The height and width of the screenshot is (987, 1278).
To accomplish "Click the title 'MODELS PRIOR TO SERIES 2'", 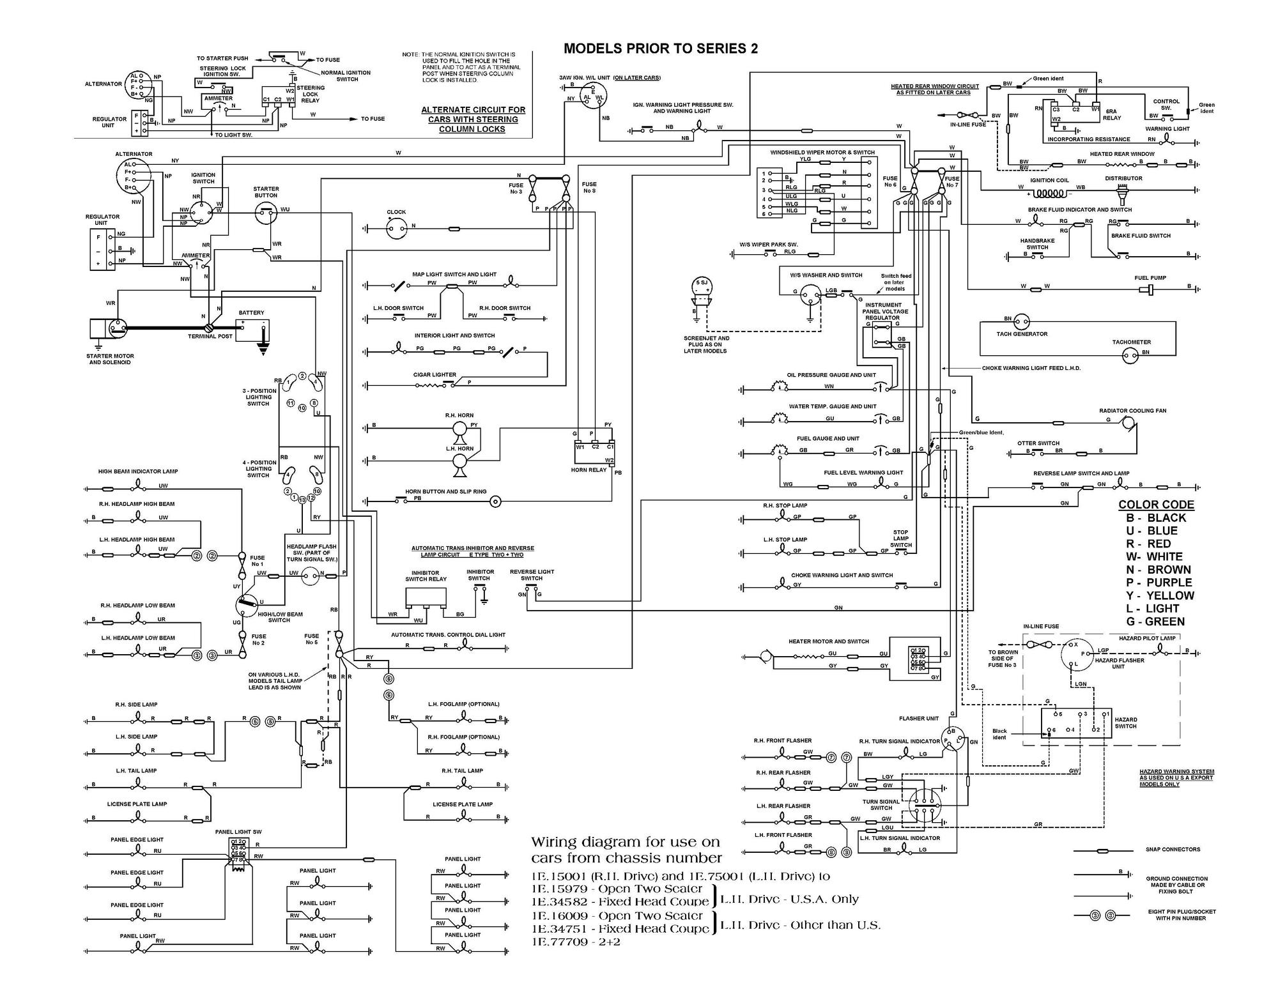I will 661,49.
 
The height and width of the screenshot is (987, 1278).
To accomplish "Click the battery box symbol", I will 252,330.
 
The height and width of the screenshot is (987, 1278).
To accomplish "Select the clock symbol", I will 396,227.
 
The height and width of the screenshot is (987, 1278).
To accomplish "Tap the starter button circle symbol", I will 266,214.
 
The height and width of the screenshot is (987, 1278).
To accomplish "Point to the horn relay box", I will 594,454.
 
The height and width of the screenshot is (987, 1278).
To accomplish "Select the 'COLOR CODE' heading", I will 1156,505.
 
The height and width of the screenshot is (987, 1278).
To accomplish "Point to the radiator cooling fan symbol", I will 1128,423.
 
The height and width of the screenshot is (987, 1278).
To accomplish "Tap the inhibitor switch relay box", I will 426,598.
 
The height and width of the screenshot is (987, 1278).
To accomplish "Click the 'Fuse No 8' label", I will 589,187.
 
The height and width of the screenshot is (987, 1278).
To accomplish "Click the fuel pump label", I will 1150,278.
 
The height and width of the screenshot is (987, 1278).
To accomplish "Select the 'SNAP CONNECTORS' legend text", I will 1173,850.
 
